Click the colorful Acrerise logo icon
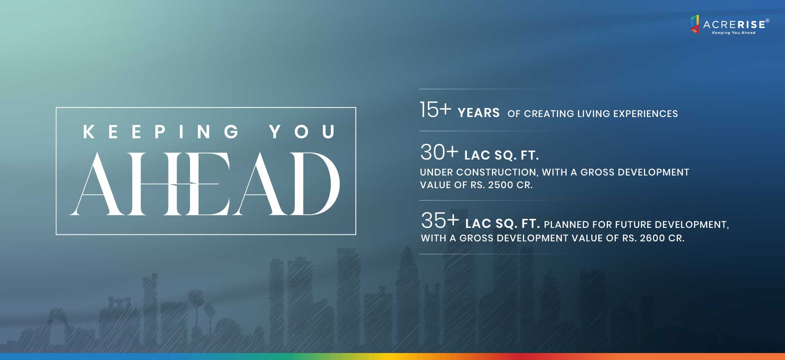coord(695,24)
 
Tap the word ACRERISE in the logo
coord(734,25)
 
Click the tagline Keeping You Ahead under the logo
coord(733,33)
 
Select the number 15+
coord(435,110)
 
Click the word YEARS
coord(479,113)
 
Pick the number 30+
coord(439,152)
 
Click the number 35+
coord(440,220)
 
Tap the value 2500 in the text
coord(501,185)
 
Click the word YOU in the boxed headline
coord(302,132)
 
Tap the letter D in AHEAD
coord(315,184)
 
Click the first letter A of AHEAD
coord(96,184)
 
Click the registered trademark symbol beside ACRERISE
coord(767,20)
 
